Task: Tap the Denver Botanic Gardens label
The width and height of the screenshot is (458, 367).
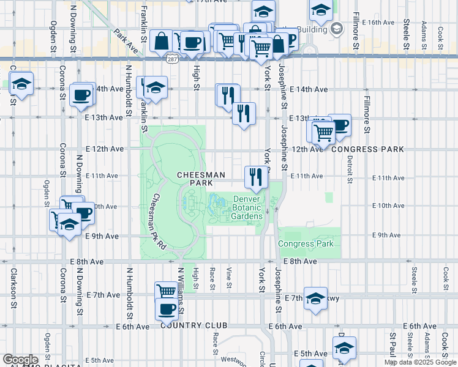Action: coord(247,207)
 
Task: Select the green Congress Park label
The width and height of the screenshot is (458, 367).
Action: coord(306,243)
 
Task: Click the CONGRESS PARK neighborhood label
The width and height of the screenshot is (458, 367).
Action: coord(366,149)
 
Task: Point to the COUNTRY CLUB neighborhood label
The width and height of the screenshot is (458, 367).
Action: coord(194,326)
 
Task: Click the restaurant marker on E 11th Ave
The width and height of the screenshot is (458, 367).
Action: coord(256,177)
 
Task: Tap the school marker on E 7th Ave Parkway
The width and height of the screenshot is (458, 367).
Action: coord(315,298)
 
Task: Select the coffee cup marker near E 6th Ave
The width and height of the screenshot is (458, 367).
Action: coord(167,310)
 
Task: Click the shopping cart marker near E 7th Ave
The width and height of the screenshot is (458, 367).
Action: coord(167,291)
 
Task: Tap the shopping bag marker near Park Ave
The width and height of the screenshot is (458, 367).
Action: coord(161,42)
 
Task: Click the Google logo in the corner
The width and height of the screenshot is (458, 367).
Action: coord(20,360)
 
